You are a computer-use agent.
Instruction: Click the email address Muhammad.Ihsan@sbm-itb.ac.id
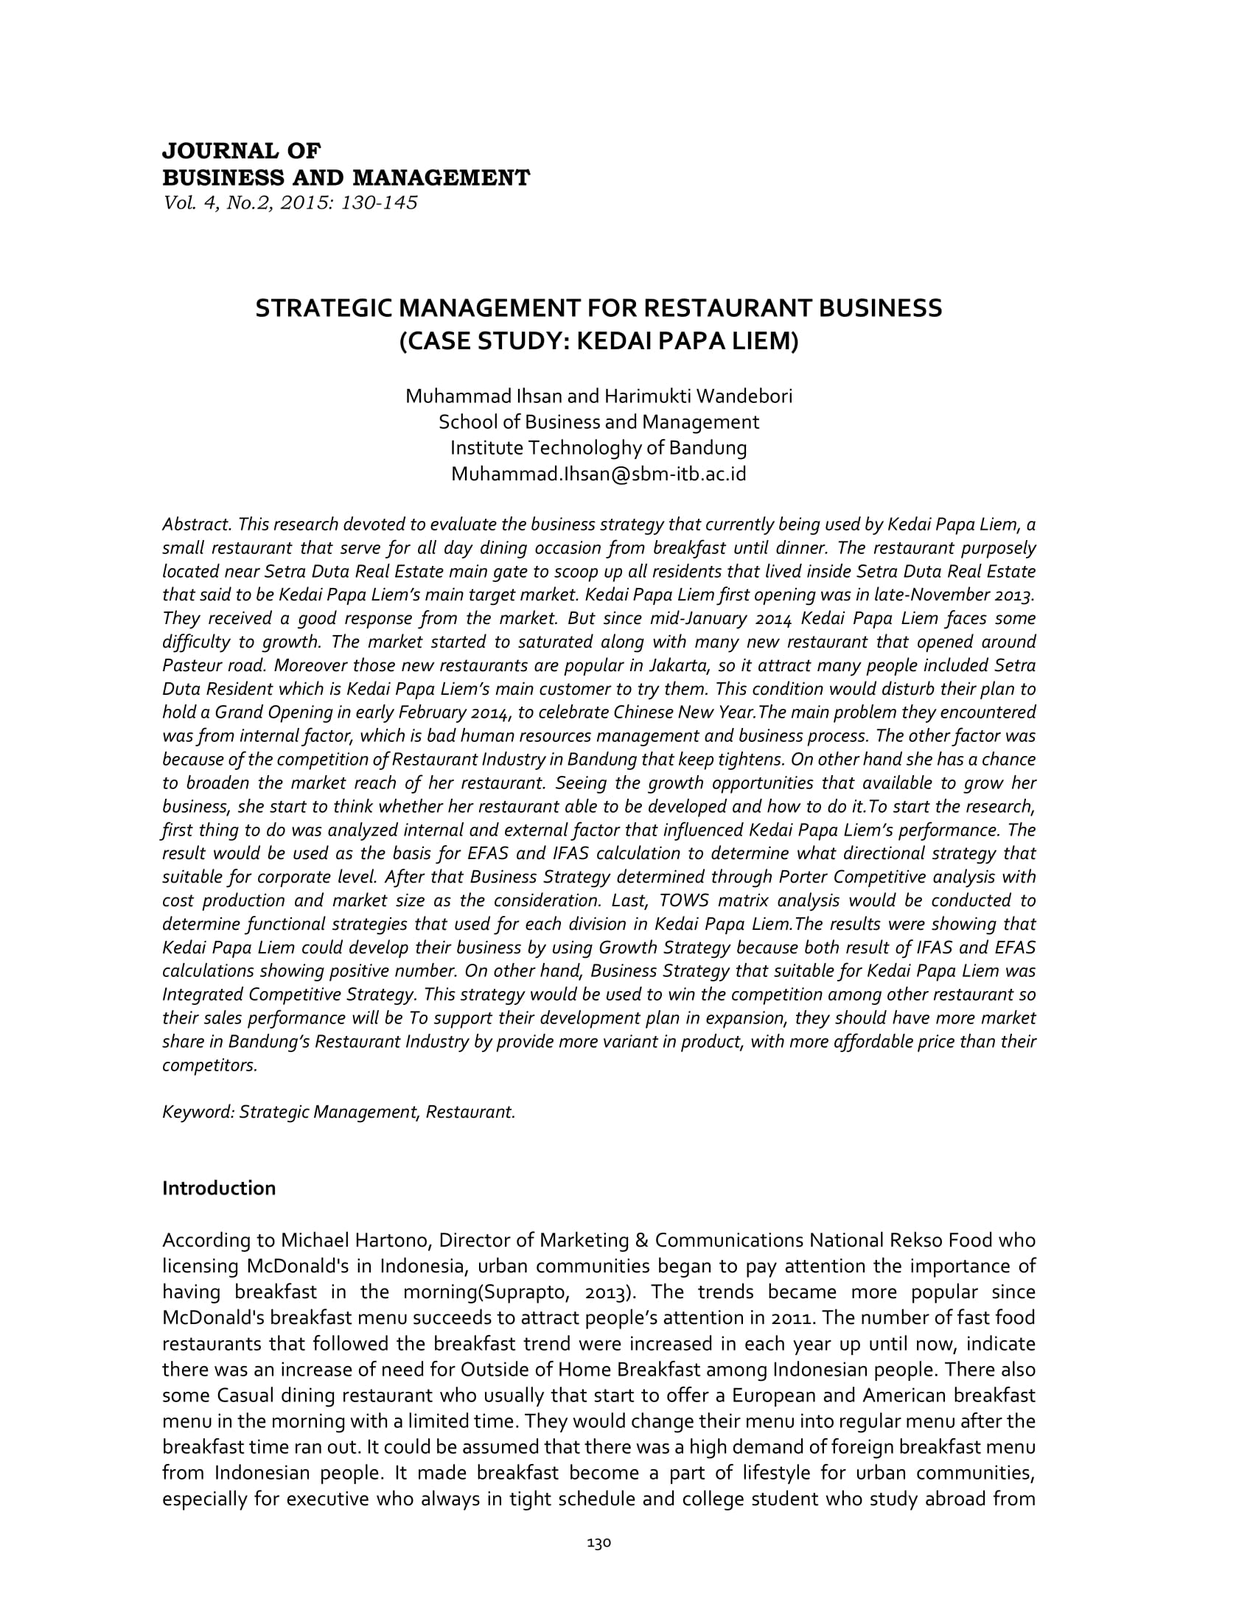[598, 475]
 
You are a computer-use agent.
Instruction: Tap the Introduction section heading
[219, 1188]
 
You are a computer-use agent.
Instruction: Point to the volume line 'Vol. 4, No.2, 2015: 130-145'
[290, 203]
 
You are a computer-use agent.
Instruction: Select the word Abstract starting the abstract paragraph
[197, 525]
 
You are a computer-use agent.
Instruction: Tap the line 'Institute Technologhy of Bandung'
[598, 448]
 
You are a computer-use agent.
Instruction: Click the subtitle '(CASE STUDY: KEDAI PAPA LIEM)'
[598, 341]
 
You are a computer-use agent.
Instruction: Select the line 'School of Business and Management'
[598, 422]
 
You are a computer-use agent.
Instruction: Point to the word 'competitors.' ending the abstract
[210, 1066]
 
